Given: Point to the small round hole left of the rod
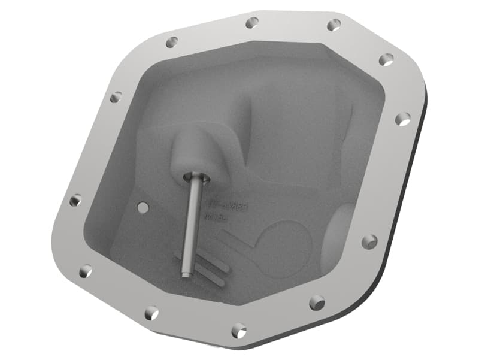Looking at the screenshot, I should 143,207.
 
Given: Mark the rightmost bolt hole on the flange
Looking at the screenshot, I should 403,119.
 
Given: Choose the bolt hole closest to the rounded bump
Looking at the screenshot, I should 369,242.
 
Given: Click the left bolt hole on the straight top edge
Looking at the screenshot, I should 252,22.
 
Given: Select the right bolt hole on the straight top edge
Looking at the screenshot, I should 334,25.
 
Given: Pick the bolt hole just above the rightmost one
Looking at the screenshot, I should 386,59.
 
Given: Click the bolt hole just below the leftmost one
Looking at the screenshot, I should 86,271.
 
